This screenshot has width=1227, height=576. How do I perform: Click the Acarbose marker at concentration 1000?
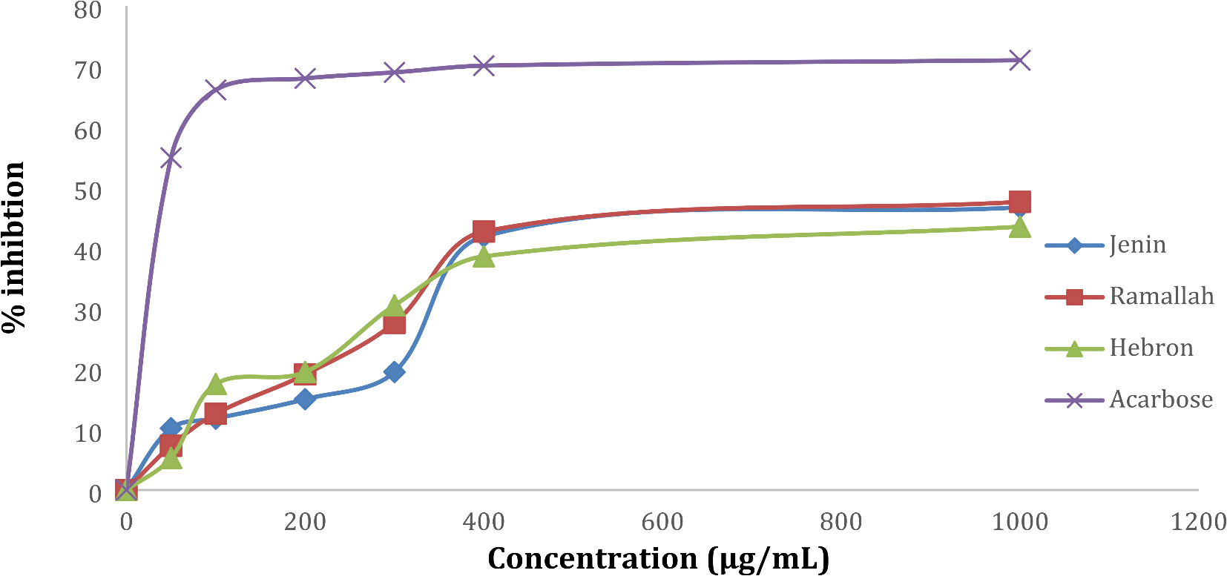coord(1020,60)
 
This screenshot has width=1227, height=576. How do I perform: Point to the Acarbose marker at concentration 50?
coord(171,158)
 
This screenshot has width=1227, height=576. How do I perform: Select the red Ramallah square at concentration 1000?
coord(1020,202)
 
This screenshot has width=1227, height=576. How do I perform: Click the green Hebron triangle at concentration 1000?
coord(1020,227)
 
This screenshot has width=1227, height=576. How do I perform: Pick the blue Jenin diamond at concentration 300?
coord(395,371)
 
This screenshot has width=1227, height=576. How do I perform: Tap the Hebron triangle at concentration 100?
coord(215,384)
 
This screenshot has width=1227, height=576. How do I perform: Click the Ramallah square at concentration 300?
coord(395,324)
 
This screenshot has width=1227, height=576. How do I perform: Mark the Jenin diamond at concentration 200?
coord(305,399)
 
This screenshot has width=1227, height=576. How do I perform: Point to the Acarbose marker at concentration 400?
coord(484,66)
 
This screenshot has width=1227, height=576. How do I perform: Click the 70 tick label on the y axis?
coord(88,70)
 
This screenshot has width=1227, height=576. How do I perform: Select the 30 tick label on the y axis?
coord(88,312)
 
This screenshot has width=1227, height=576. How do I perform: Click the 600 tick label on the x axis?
coord(662,522)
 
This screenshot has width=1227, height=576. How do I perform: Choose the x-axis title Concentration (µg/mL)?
coord(658,558)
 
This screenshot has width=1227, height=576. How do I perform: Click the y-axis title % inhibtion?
coord(13,248)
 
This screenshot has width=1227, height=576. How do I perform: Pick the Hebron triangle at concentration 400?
coord(484,256)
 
